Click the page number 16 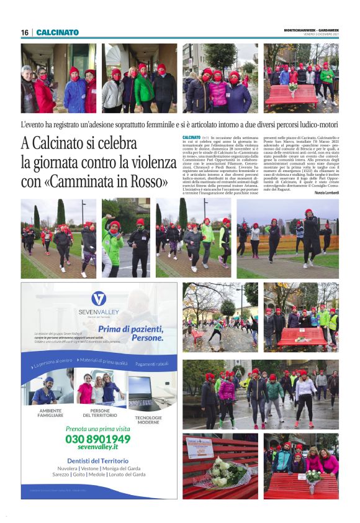tap(25, 32)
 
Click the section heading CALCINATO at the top tap(58, 32)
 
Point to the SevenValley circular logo tap(99, 299)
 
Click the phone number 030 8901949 tap(98, 439)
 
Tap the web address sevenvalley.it tap(98, 448)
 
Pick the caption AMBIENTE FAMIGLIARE tap(50, 412)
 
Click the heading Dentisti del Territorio tap(98, 461)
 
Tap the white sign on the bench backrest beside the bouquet tap(200, 449)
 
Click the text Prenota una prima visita tap(98, 429)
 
